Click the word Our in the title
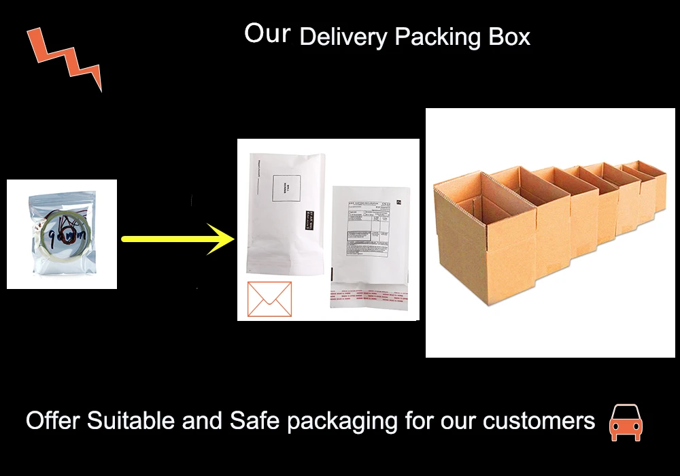267,33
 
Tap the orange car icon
626,422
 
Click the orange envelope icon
269,299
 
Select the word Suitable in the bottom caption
131,421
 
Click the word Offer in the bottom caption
53,421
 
